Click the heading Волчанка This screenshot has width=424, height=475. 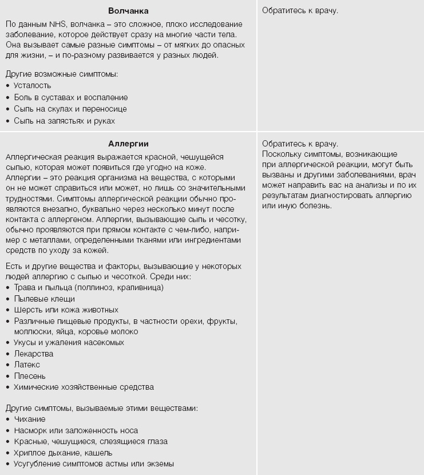(x=128, y=11)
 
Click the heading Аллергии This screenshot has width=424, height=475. (x=128, y=144)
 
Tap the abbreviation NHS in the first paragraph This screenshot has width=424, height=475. (x=57, y=25)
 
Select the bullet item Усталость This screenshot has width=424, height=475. (x=33, y=86)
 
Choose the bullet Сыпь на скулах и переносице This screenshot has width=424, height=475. (x=70, y=109)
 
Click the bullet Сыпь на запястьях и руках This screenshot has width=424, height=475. (x=65, y=121)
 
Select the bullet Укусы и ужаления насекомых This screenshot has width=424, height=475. (x=69, y=342)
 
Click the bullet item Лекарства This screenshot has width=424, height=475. (x=34, y=354)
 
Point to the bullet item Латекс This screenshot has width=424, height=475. (x=27, y=365)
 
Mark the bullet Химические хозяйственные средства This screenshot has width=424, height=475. (x=84, y=387)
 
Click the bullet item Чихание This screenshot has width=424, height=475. (x=30, y=419)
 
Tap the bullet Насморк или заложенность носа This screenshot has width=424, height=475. (x=76, y=430)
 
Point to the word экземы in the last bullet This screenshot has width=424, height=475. (x=161, y=464)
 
